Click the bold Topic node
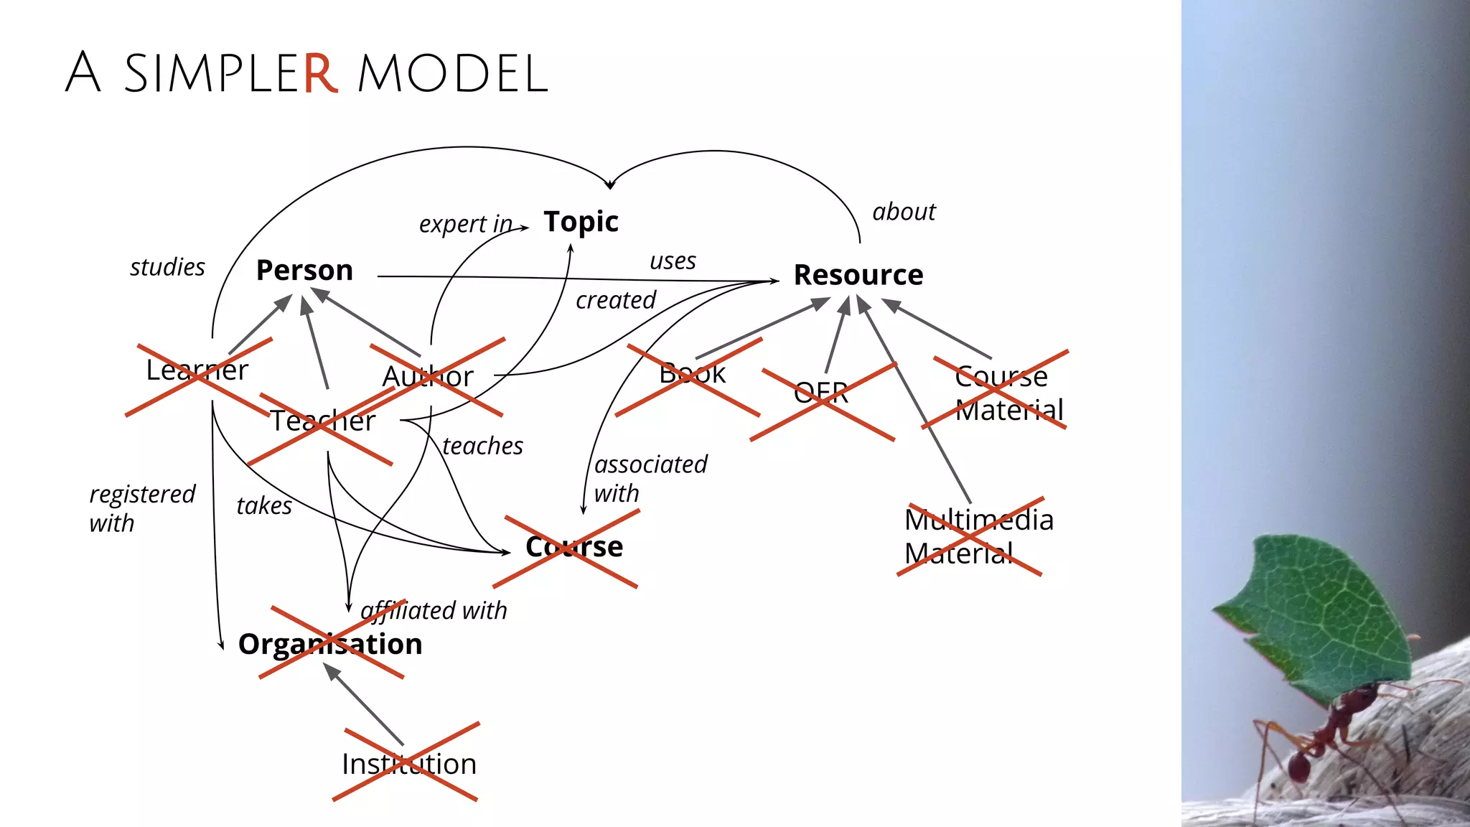581,222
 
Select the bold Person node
304,271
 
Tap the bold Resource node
858,275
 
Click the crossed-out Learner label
197,370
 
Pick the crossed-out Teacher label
322,421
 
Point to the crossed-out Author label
428,377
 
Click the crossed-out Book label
692,373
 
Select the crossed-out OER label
821,393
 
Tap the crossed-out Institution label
408,764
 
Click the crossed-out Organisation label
330,644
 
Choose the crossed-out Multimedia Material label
978,536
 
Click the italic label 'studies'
167,267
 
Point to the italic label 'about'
904,212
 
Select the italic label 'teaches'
482,446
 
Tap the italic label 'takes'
264,506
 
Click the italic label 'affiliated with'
434,611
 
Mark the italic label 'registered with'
141,508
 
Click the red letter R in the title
319,73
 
